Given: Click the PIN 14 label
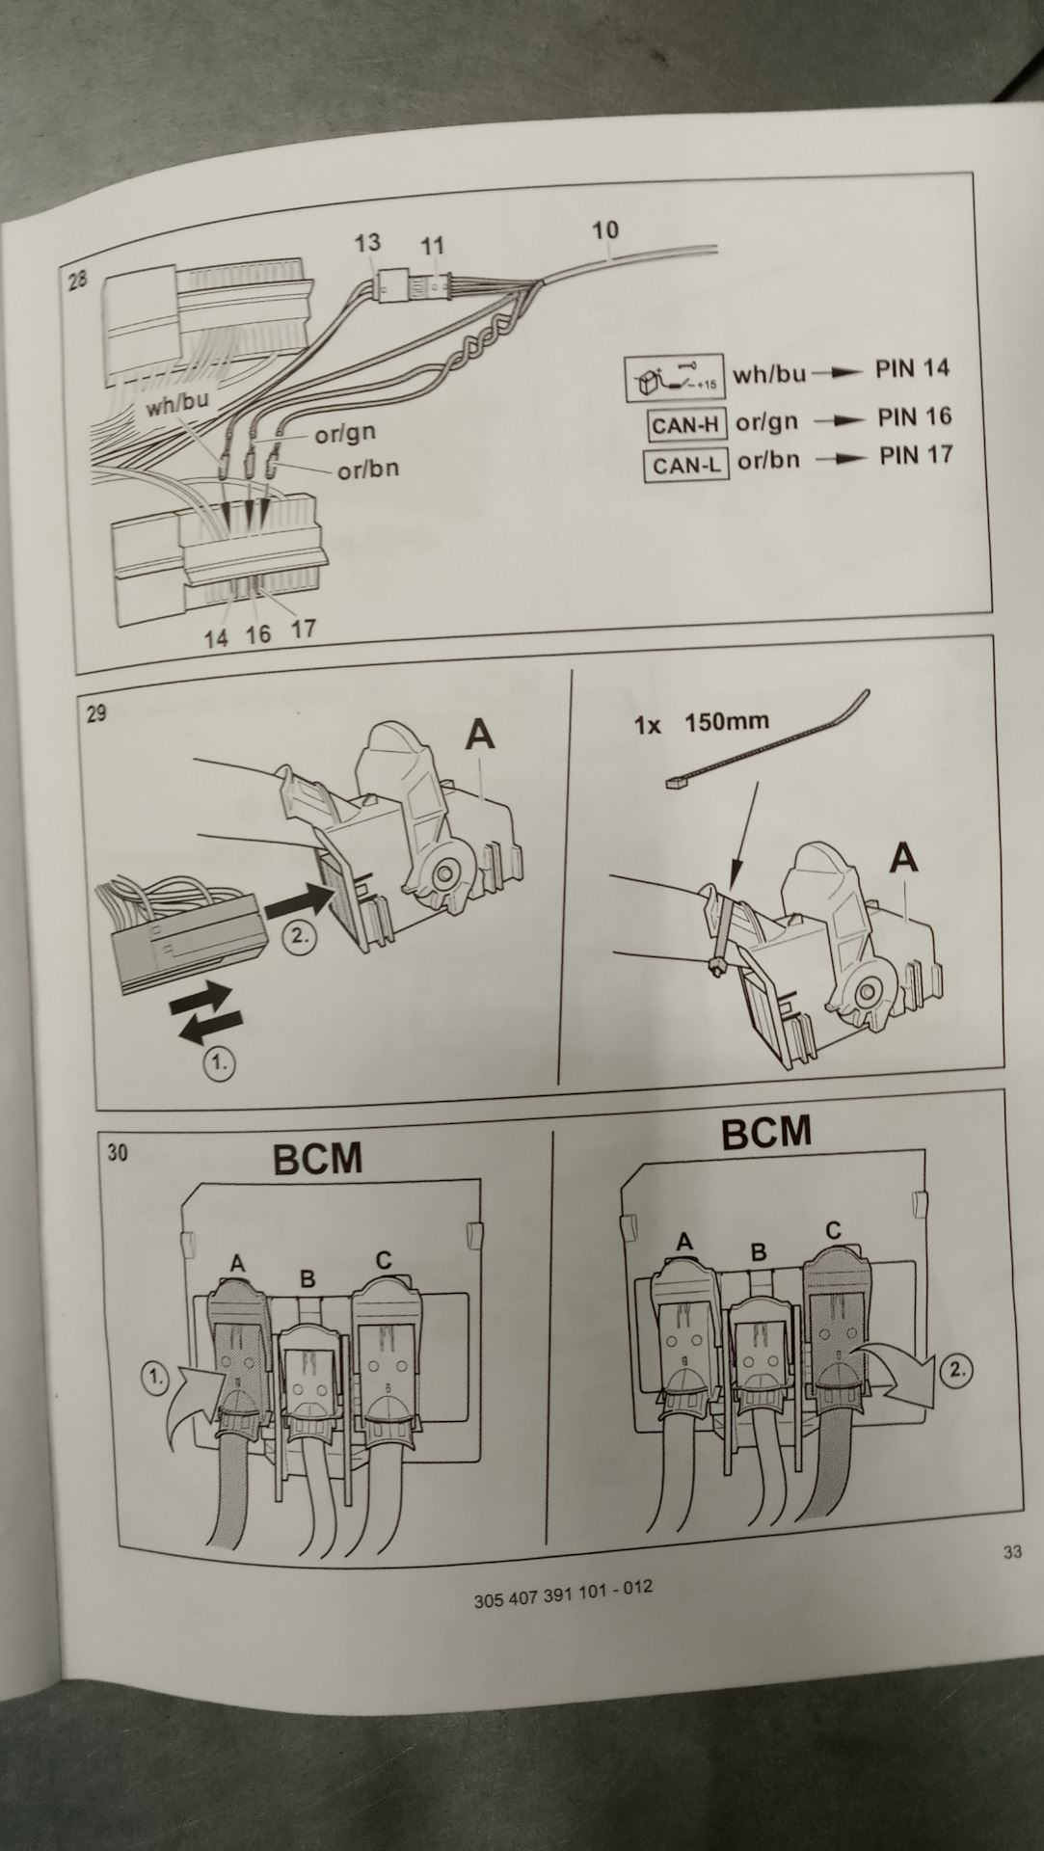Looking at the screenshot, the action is (912, 368).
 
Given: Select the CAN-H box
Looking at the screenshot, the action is (687, 424).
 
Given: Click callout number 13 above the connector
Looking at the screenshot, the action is (366, 242).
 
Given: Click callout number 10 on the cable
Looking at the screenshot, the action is (604, 231).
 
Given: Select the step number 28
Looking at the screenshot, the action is (78, 281).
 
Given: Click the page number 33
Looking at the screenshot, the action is (1011, 1552).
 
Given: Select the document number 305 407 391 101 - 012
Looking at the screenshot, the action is (562, 1594).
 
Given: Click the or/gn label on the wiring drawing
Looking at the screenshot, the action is (345, 435).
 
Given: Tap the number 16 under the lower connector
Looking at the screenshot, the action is (257, 634).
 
